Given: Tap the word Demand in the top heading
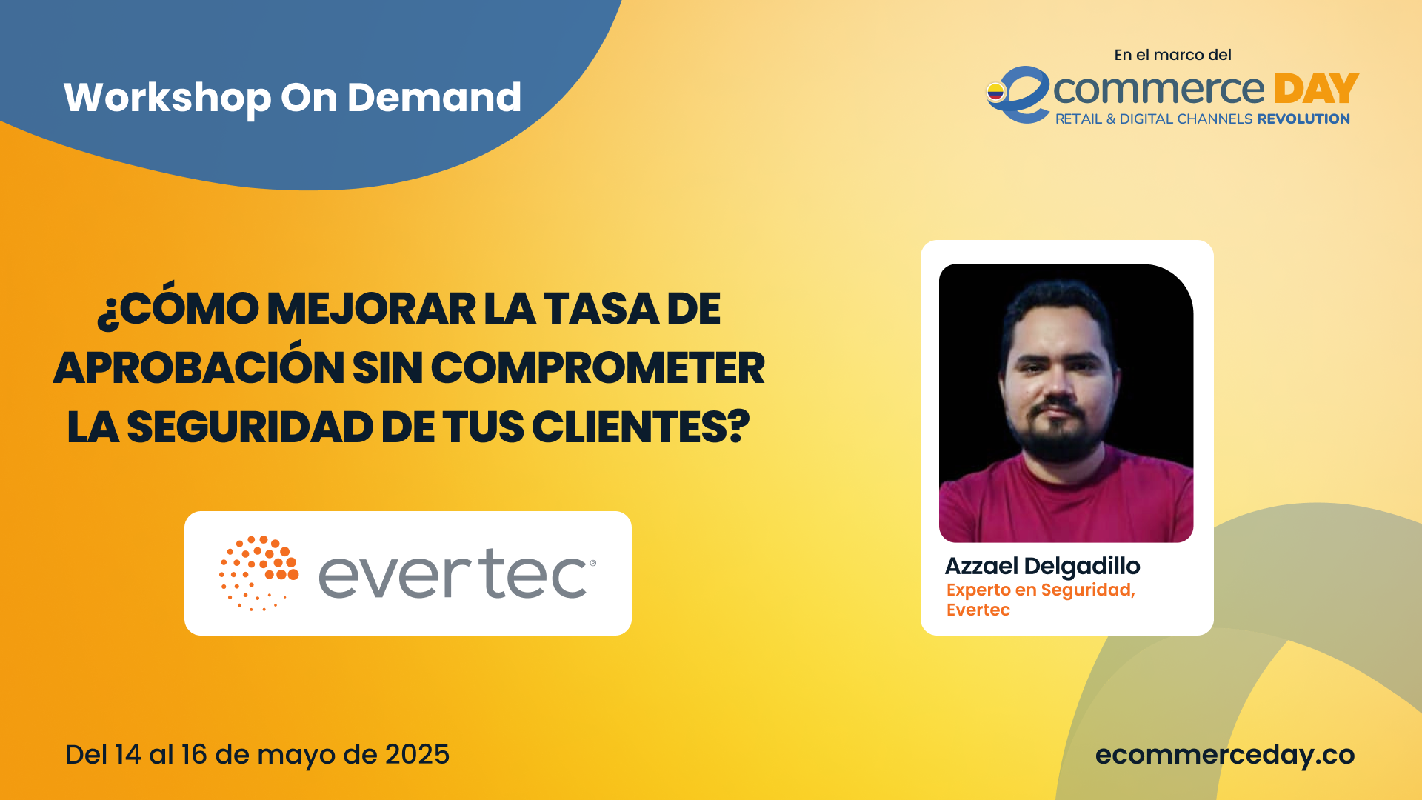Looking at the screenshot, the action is pyautogui.click(x=434, y=97).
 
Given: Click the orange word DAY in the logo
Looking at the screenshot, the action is pyautogui.click(x=1316, y=89).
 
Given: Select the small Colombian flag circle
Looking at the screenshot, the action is pyautogui.click(x=996, y=92).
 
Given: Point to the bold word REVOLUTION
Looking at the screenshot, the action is pyautogui.click(x=1303, y=119).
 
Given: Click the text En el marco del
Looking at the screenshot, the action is pyautogui.click(x=1172, y=55).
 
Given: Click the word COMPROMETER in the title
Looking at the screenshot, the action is pyautogui.click(x=598, y=368).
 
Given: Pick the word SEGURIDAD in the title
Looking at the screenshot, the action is pyautogui.click(x=250, y=427).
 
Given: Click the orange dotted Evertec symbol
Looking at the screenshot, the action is pyautogui.click(x=258, y=573).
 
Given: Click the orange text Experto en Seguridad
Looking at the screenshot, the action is pyautogui.click(x=1041, y=590).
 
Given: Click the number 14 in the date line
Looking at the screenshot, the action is pyautogui.click(x=127, y=755).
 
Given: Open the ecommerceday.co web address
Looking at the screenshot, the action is pyautogui.click(x=1225, y=755).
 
